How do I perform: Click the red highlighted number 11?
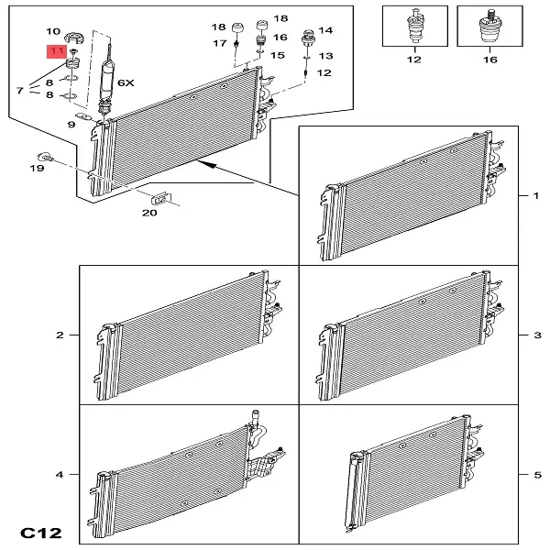click(x=57, y=51)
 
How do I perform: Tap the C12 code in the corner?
click(x=41, y=533)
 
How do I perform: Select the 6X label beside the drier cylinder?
click(x=126, y=83)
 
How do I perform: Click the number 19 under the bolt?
click(x=37, y=169)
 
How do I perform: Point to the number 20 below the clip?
click(x=149, y=213)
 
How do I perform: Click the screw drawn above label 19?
click(x=45, y=157)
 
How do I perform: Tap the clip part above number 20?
click(x=161, y=199)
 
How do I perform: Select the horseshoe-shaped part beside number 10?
click(x=74, y=38)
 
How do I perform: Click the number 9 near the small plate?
click(x=71, y=125)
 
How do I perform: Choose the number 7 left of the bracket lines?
click(x=20, y=91)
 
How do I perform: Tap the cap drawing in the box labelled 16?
click(x=490, y=27)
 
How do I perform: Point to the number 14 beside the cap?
click(x=325, y=30)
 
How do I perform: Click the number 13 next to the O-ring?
click(x=325, y=56)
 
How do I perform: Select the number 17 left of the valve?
click(x=220, y=43)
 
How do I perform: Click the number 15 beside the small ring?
click(x=277, y=55)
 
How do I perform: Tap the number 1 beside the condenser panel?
click(x=535, y=195)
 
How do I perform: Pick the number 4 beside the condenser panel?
click(x=60, y=475)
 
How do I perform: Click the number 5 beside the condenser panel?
click(x=538, y=475)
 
